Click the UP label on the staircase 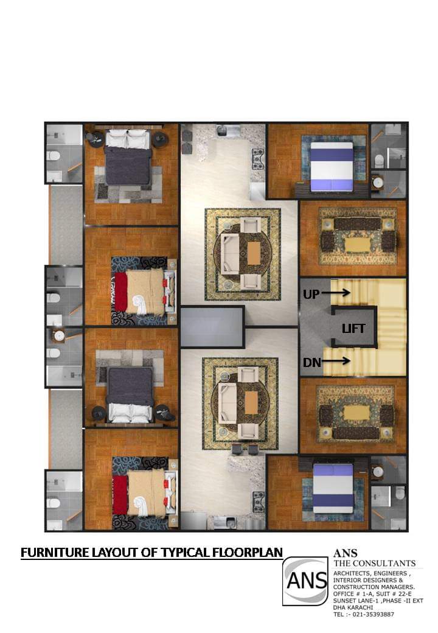[x=311, y=295]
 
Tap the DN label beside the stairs [x=311, y=362]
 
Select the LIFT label [x=353, y=329]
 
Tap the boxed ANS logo [x=305, y=581]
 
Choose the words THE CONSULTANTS [x=374, y=563]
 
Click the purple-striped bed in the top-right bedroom [x=332, y=166]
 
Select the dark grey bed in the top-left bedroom [x=128, y=158]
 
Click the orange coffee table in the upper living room [x=253, y=253]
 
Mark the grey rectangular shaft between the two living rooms [x=212, y=327]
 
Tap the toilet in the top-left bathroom [x=54, y=155]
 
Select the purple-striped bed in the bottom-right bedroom [x=333, y=488]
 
